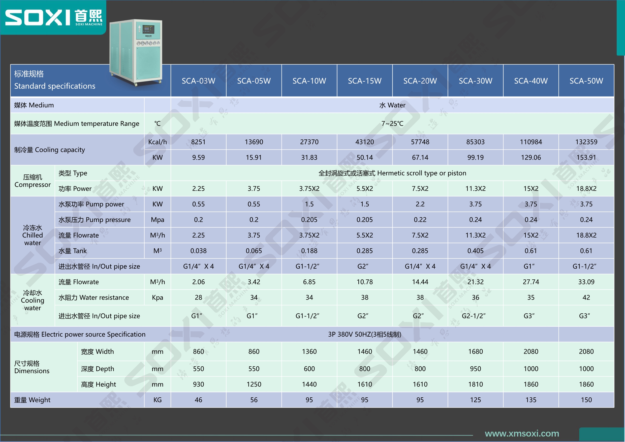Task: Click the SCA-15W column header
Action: pos(364,81)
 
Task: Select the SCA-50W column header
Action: pos(586,81)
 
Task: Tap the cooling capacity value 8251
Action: pos(198,142)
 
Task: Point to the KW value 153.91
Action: pos(586,157)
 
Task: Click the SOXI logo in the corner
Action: pos(54,17)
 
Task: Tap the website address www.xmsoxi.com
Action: pos(522,433)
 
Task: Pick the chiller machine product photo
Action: pos(136,52)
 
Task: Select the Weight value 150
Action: pos(586,400)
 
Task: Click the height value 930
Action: pos(198,384)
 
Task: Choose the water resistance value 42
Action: pos(586,297)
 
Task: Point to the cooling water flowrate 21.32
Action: pos(475,282)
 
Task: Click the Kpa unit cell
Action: pos(157,297)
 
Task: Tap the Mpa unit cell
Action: pos(157,220)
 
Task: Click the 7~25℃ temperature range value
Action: pos(392,124)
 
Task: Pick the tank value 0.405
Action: pos(475,251)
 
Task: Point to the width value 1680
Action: pos(475,351)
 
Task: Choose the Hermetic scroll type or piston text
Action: pos(422,173)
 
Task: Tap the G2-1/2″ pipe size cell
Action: pos(474,316)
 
